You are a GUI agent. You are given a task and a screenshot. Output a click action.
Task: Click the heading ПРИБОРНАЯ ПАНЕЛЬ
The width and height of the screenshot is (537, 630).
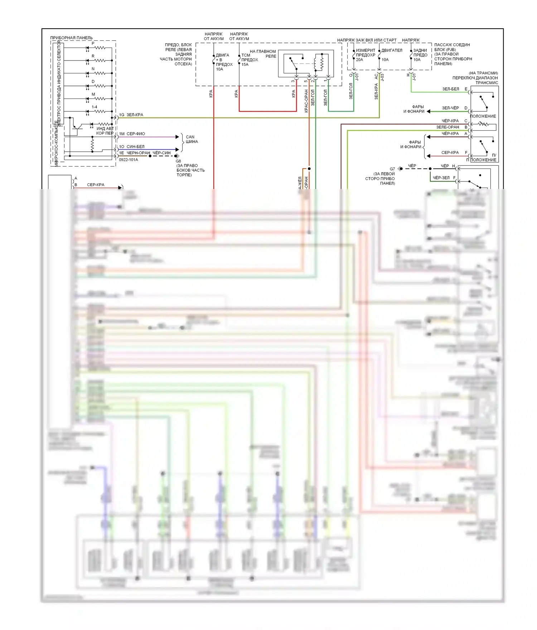71,38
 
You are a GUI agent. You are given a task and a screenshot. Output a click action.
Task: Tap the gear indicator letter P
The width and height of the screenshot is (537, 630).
93,43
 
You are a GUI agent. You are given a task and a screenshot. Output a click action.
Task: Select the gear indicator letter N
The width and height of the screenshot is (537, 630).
93,69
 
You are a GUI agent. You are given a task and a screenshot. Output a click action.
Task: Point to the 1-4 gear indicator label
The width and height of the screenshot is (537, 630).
94,107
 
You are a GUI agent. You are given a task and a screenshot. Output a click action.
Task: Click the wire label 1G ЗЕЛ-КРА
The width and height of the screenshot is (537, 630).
131,115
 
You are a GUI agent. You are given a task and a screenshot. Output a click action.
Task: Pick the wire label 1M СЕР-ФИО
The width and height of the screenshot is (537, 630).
132,134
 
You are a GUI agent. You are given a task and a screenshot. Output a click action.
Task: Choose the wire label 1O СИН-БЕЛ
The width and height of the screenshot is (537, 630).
132,146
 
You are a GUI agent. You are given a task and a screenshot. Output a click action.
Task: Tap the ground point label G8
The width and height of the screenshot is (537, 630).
178,161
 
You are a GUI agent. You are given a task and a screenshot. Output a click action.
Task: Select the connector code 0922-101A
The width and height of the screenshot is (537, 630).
128,160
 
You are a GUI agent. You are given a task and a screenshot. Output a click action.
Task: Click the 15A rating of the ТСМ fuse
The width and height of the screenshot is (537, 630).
245,64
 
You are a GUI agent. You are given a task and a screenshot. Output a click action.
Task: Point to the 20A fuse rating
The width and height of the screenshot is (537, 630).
359,60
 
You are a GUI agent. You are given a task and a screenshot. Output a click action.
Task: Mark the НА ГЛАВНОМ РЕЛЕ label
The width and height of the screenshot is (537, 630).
263,54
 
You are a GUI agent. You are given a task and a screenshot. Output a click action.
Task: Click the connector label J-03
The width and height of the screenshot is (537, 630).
382,77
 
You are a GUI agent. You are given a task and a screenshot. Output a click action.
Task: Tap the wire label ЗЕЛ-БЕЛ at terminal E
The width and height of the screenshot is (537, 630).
450,89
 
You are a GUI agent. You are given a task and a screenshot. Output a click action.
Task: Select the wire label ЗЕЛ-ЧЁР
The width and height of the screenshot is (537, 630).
450,108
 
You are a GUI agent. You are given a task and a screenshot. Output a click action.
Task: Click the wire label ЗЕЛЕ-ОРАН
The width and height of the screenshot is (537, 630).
447,127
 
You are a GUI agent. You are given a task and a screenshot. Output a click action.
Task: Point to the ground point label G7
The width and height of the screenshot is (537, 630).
392,169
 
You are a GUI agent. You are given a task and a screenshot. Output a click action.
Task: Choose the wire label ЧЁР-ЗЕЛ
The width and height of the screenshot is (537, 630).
441,178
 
